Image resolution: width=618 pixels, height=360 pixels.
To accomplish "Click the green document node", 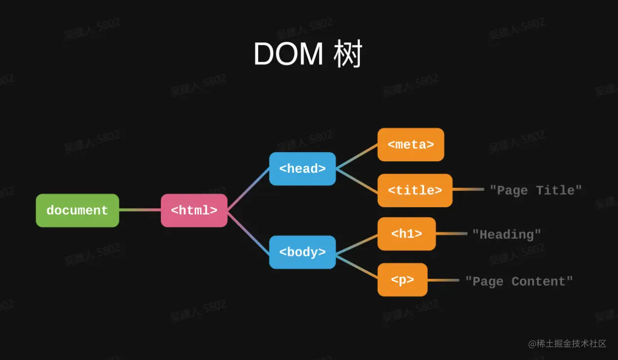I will [77, 211].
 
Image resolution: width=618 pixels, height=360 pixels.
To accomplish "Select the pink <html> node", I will [194, 211].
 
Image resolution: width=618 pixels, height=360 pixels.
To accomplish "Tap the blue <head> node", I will [302, 169].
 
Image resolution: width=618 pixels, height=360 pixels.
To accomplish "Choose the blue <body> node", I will [302, 252].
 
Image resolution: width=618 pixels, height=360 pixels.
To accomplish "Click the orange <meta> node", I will [411, 145].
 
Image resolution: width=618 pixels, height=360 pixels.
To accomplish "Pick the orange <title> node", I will [415, 190].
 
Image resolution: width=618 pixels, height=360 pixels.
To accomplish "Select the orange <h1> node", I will [406, 234].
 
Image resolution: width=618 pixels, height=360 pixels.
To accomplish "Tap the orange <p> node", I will [402, 280].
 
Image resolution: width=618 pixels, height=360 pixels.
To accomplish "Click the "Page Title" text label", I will [536, 190].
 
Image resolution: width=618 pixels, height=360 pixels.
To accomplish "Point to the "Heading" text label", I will [506, 234].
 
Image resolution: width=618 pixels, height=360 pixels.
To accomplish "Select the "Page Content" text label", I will [518, 281].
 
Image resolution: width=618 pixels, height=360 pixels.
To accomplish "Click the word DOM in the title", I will [288, 54].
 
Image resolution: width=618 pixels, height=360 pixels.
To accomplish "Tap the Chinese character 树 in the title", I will [348, 54].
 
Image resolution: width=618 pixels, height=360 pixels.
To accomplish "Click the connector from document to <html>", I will [140, 210].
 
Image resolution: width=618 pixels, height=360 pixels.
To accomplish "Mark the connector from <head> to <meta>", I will [356, 156].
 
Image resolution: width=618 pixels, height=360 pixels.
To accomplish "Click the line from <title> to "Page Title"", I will [468, 190].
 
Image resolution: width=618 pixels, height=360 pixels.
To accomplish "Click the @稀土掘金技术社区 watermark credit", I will [567, 344].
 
